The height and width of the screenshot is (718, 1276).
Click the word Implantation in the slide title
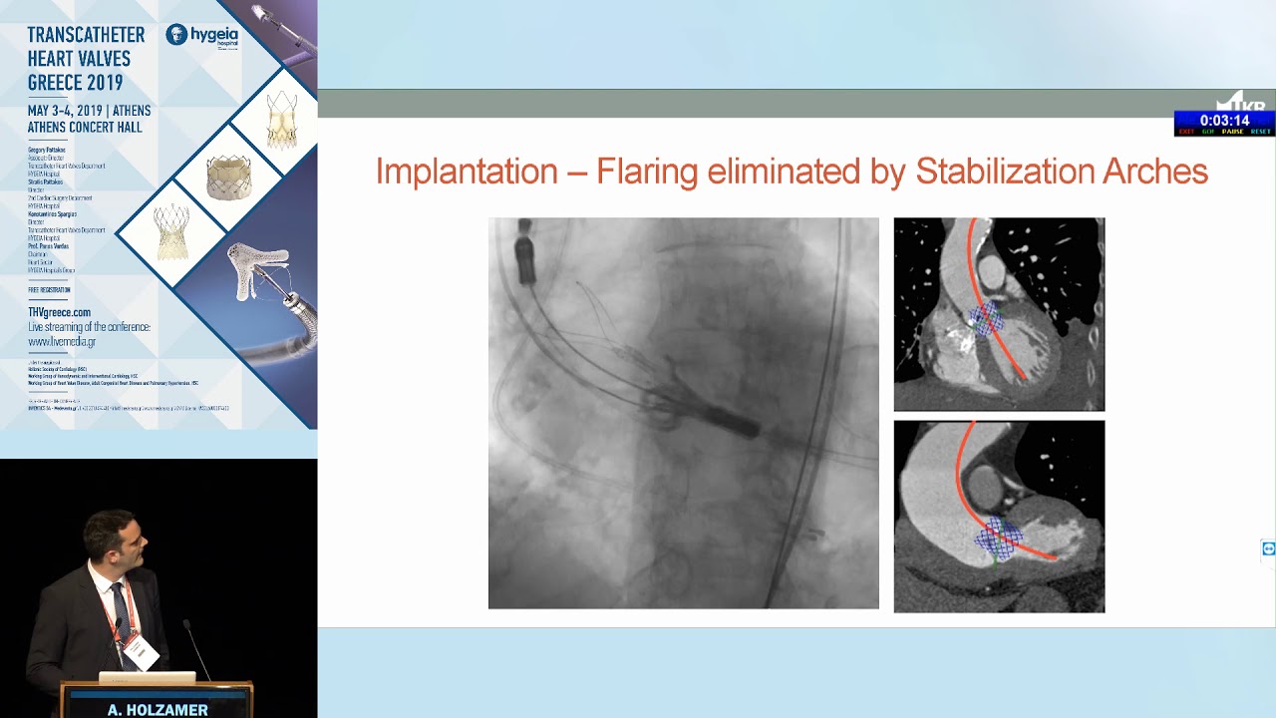coord(467,172)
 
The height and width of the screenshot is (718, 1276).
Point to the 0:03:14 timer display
coord(1223,121)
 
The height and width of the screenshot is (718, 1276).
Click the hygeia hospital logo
coord(202,36)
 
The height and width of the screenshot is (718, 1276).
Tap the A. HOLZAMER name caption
coord(158,710)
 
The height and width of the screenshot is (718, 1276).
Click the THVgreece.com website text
coord(59,312)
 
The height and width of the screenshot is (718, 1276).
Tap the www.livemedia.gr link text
coord(62,341)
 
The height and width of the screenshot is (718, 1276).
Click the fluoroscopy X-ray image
coord(683,413)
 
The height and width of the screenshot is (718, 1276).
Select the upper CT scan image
coord(999,314)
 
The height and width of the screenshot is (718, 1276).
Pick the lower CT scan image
coord(999,517)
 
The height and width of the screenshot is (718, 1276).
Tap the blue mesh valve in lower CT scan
coord(998,539)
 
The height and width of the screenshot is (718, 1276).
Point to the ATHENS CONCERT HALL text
coord(85,128)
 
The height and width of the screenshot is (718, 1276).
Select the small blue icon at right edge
coord(1268,548)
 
